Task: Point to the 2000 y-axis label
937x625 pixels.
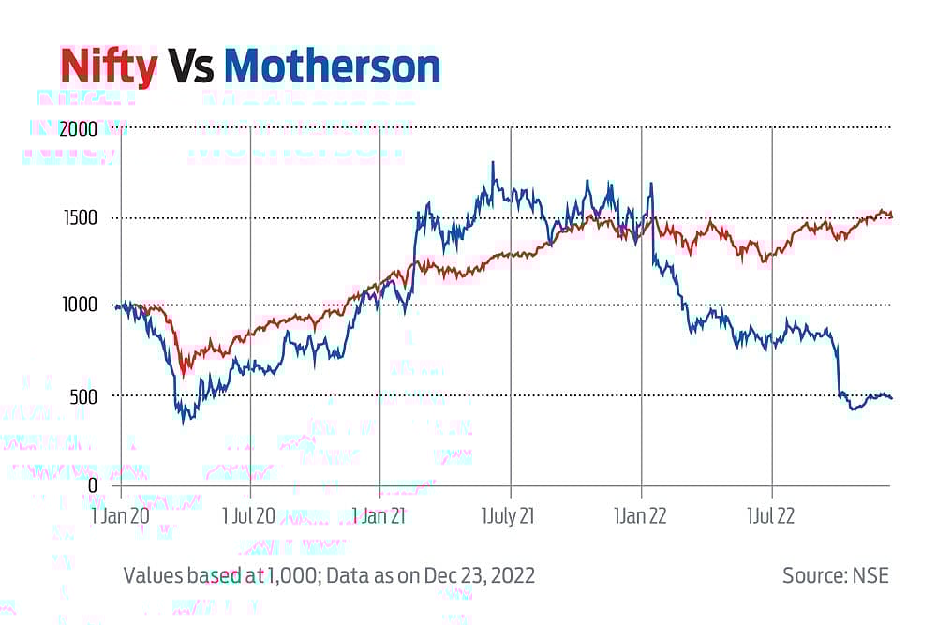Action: (79, 130)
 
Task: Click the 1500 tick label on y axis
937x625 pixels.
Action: (82, 218)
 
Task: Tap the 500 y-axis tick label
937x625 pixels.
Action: (84, 395)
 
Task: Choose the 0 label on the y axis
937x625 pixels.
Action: (92, 484)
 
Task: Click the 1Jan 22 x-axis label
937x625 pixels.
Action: (640, 517)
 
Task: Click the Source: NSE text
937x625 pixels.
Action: (835, 574)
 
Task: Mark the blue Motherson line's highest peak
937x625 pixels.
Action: (493, 162)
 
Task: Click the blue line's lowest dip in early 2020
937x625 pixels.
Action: (184, 422)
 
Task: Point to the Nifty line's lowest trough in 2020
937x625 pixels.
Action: (184, 373)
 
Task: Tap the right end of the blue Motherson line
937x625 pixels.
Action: (891, 398)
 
